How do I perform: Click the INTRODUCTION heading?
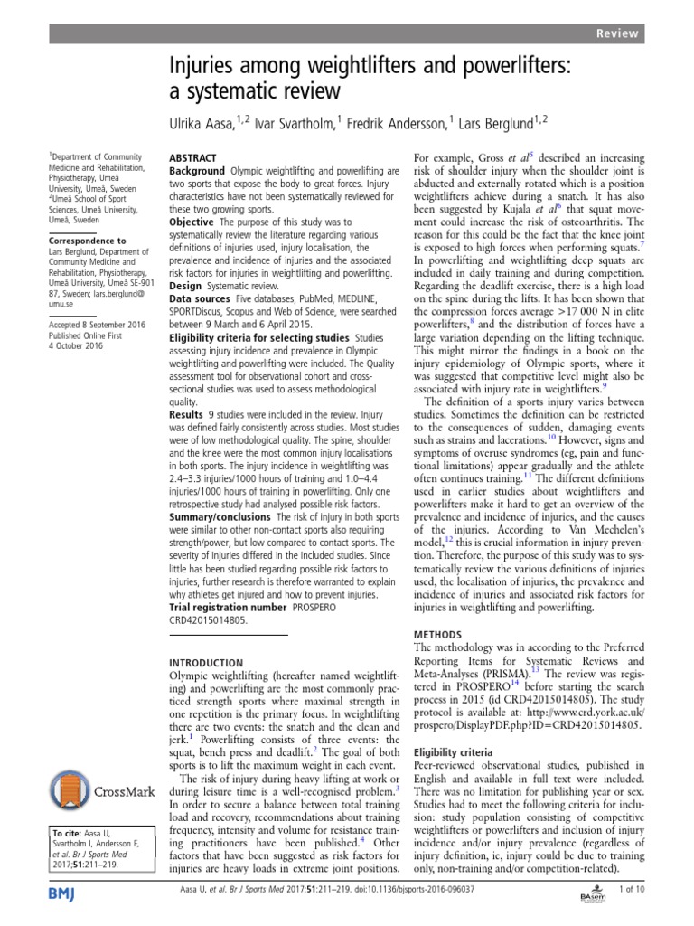point(207,663)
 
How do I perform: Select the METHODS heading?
point(438,635)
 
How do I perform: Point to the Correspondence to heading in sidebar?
point(88,241)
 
